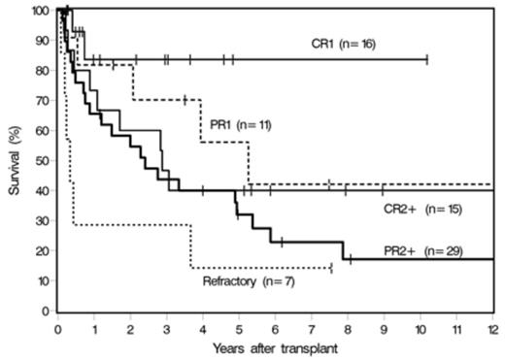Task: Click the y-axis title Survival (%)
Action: tap(13, 160)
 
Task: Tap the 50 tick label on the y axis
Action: tap(42, 161)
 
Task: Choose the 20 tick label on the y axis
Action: tap(42, 251)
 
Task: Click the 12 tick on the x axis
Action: tap(492, 326)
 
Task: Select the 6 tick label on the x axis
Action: tap(275, 326)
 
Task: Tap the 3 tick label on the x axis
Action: tap(166, 326)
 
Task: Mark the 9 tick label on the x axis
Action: tap(384, 326)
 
